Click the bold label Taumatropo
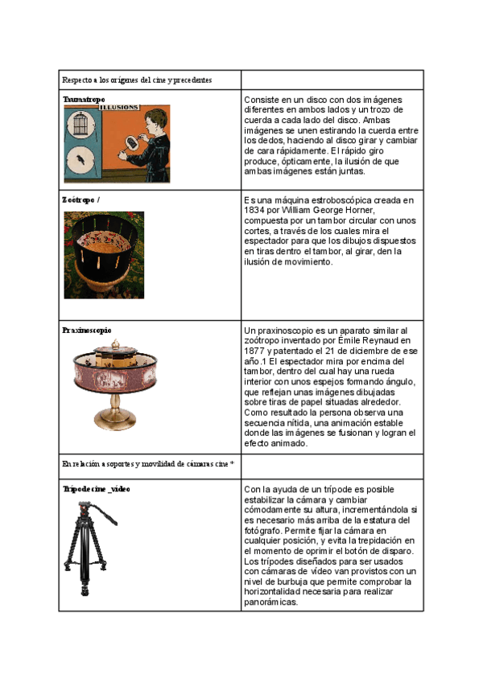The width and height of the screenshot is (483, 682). point(84,99)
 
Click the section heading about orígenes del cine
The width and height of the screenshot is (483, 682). point(137,80)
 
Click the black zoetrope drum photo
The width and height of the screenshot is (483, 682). point(104,254)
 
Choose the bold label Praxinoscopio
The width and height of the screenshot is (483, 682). point(87,330)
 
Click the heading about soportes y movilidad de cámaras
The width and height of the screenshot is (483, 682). point(148,464)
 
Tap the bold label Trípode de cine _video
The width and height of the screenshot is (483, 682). point(97,488)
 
